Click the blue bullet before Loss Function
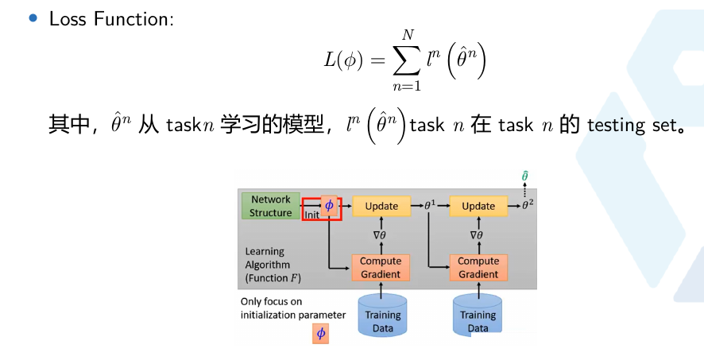coord(33,17)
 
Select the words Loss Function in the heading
coord(110,19)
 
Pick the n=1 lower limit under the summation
coord(407,85)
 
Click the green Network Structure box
coord(271,206)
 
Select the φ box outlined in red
coord(329,206)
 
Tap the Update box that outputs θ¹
coord(381,206)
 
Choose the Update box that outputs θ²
coord(478,206)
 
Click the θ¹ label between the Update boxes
coord(430,206)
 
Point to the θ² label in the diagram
coord(527,205)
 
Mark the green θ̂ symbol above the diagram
coord(525,176)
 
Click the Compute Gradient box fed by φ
coord(381,268)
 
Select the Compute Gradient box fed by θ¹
coord(478,268)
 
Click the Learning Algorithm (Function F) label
coord(268,265)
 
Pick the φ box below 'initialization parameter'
coord(321,334)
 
